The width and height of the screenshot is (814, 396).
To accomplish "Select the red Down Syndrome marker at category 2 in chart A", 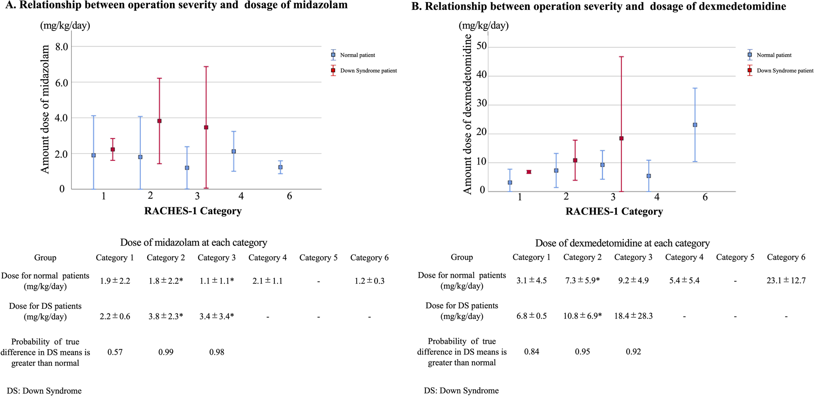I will pyautogui.click(x=159, y=121).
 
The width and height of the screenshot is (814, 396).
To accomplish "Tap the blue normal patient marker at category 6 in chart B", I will pyautogui.click(x=695, y=125).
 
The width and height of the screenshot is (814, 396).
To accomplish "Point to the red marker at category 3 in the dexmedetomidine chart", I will pyautogui.click(x=622, y=138).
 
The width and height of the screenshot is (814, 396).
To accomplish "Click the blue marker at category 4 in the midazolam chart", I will pyautogui.click(x=234, y=151).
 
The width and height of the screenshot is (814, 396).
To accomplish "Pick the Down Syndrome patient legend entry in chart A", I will pyautogui.click(x=368, y=71).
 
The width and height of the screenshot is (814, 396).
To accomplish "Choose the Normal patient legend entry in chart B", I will pyautogui.click(x=774, y=55).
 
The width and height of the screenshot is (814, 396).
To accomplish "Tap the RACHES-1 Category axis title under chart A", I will pyautogui.click(x=193, y=211).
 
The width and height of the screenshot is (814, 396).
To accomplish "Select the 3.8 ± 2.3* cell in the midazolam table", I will pyautogui.click(x=166, y=316).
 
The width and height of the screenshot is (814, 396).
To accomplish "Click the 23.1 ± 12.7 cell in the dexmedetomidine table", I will pyautogui.click(x=786, y=280).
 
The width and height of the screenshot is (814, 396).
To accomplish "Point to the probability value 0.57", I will pyautogui.click(x=115, y=352).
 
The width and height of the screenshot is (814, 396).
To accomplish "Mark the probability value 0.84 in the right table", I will pyautogui.click(x=531, y=352).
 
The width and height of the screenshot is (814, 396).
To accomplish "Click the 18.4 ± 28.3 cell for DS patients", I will pyautogui.click(x=633, y=316).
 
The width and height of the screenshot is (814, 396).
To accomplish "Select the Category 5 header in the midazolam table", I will pyautogui.click(x=318, y=258).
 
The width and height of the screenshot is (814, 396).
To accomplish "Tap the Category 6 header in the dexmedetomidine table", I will pyautogui.click(x=786, y=258).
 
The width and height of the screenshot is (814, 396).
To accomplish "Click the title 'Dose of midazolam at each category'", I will pyautogui.click(x=194, y=243).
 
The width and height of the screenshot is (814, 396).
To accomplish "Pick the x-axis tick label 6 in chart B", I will pyautogui.click(x=705, y=197).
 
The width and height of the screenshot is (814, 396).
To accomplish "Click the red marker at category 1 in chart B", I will pyautogui.click(x=529, y=172).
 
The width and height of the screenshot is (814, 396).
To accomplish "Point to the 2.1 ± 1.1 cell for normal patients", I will pyautogui.click(x=268, y=281).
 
